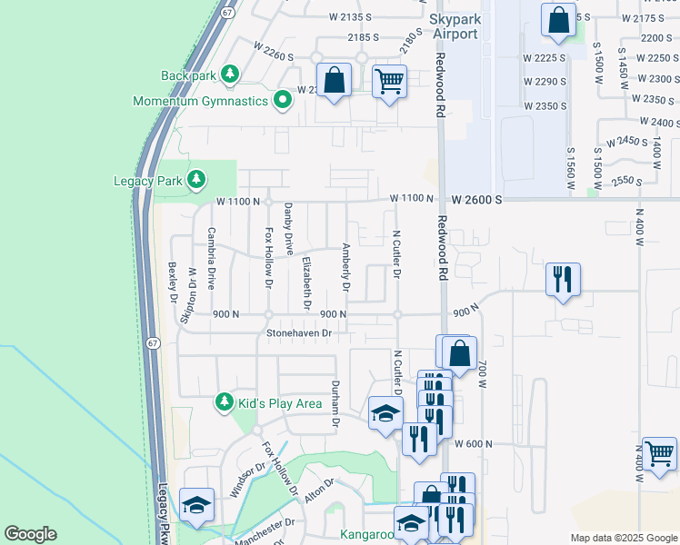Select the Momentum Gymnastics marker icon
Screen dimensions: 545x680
(x=282, y=100)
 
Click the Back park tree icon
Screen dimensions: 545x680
(x=231, y=74)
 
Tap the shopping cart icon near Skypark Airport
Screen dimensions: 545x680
(x=389, y=82)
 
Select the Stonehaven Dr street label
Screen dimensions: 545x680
(x=298, y=333)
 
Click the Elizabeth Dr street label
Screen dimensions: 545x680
(x=306, y=282)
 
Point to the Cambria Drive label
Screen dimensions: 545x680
(x=211, y=258)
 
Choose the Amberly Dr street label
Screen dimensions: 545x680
(x=345, y=266)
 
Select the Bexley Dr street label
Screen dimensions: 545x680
(x=172, y=283)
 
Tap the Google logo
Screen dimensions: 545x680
(x=30, y=534)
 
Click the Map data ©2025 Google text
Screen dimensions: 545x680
(x=623, y=538)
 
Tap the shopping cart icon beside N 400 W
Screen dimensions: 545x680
(x=659, y=451)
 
